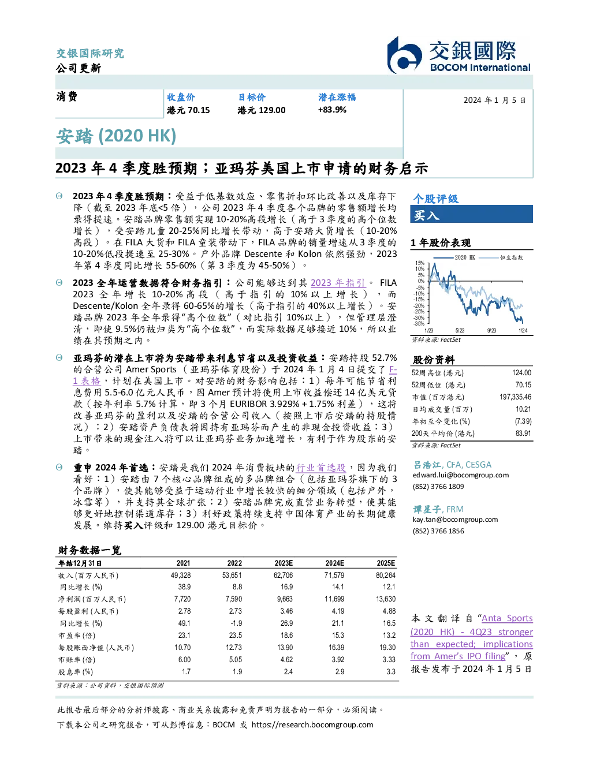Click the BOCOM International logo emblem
(404, 55)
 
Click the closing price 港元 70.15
(188, 110)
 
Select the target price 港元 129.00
(262, 110)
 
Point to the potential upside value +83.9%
(332, 110)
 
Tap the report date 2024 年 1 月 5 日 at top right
(495, 100)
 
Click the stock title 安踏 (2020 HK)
(116, 136)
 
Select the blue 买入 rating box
(471, 214)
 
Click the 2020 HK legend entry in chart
(454, 257)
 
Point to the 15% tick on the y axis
(420, 263)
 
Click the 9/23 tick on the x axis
(491, 331)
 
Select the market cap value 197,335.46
(515, 397)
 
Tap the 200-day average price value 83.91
(523, 434)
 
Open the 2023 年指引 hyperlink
(338, 283)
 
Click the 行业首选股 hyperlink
(321, 468)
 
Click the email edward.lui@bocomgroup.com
(461, 475)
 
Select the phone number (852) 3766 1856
(438, 531)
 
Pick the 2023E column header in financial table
(284, 563)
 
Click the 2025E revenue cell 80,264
(386, 576)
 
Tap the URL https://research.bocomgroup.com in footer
(312, 725)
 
